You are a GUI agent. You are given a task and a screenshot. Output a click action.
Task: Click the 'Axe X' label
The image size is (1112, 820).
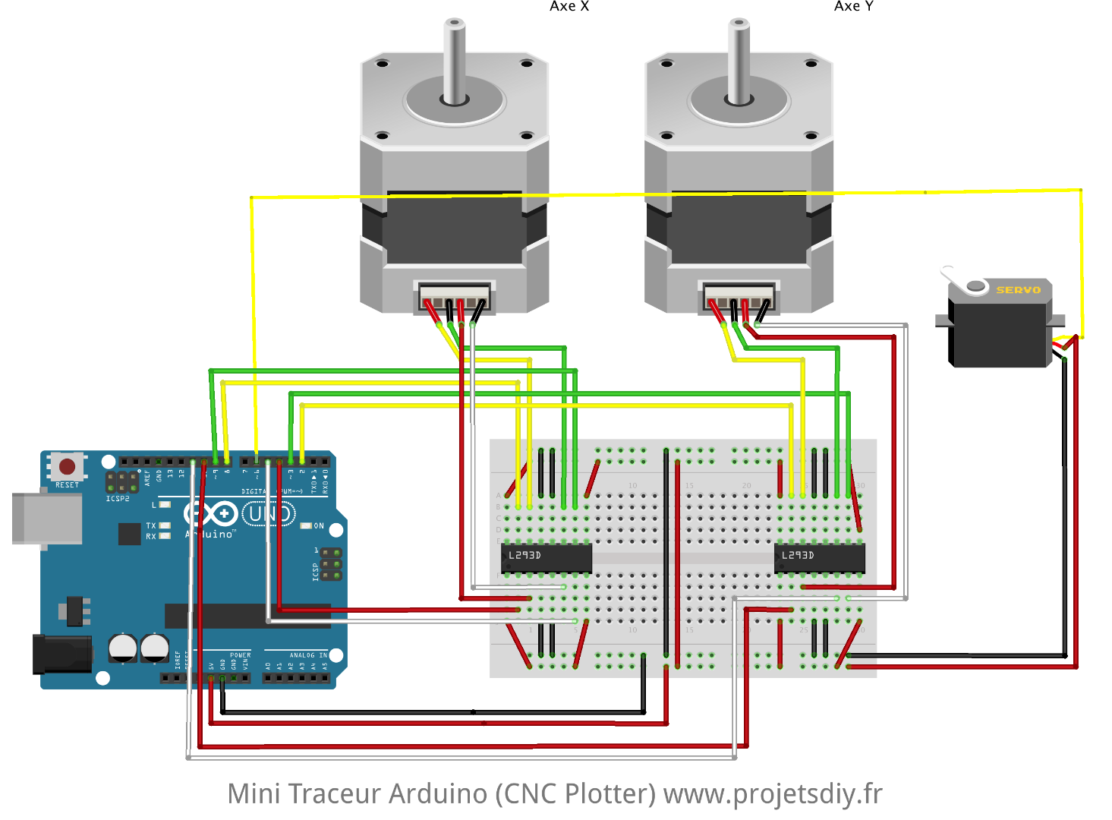[569, 7]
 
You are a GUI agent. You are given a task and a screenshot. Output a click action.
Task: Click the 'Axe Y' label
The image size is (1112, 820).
[853, 7]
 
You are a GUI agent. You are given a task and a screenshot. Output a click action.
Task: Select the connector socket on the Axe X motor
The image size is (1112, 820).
[455, 295]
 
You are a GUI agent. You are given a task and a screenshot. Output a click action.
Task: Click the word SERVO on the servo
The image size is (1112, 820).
[1018, 290]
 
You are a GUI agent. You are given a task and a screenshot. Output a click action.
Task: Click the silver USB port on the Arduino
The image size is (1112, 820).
[47, 519]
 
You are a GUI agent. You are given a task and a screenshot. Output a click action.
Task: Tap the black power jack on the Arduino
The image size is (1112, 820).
[61, 654]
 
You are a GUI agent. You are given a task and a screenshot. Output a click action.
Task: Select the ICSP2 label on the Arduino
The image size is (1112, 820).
[118, 499]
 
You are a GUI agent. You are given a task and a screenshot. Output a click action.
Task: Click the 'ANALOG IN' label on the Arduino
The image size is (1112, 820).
[308, 655]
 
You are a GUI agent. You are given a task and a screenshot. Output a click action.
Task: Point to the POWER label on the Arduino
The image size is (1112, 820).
[240, 655]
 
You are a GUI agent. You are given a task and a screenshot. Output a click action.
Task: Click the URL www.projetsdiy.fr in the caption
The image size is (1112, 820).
[773, 794]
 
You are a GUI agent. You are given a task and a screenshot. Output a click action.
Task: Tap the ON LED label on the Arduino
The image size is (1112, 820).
[319, 525]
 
